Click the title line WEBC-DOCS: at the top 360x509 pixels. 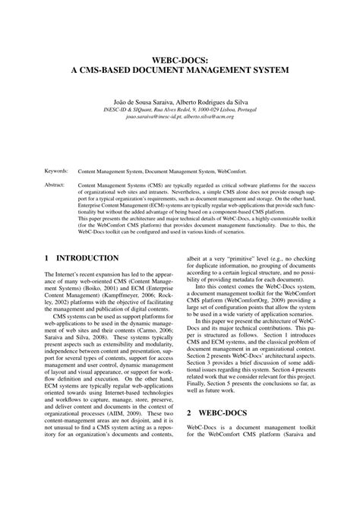[x=179, y=57]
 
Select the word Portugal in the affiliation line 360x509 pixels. [x=254, y=109]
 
